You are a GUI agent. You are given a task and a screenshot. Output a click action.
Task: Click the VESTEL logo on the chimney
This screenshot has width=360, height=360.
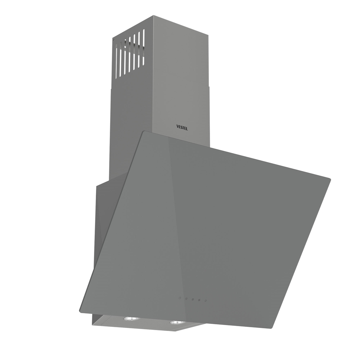(x=182, y=127)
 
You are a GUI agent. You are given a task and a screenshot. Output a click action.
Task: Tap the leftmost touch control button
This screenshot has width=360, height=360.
(x=180, y=298)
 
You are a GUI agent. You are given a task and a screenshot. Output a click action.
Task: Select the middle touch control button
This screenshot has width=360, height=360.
(x=193, y=300)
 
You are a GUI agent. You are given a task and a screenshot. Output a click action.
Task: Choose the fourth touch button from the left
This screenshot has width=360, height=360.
(x=199, y=300)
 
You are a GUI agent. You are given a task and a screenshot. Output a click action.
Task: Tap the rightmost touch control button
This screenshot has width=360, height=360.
(x=206, y=301)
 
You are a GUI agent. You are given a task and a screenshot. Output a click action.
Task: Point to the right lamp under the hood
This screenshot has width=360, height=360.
(x=178, y=323)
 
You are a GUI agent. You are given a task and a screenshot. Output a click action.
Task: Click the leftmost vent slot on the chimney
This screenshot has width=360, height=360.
(x=117, y=61)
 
